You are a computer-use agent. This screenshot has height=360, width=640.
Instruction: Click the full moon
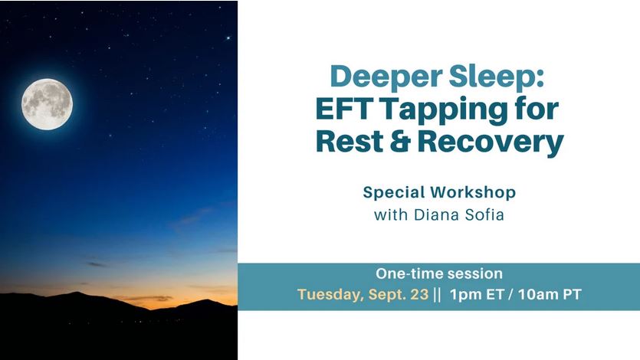pyautogui.click(x=47, y=104)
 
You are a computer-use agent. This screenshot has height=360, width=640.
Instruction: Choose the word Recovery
pyautogui.click(x=491, y=143)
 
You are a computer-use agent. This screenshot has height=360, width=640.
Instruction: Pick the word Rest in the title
pyautogui.click(x=350, y=141)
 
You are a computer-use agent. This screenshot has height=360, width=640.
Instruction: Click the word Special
pyautogui.click(x=393, y=193)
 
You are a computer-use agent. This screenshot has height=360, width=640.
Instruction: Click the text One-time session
pyautogui.click(x=439, y=273)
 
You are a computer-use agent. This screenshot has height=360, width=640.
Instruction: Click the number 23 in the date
pyautogui.click(x=419, y=294)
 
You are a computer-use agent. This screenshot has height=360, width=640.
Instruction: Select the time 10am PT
pyautogui.click(x=550, y=294)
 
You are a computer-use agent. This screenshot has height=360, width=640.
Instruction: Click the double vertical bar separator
pyautogui.click(x=437, y=294)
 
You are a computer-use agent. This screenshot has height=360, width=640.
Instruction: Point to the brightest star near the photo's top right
pyautogui.click(x=228, y=38)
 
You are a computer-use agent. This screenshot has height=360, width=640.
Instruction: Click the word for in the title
pyautogui.click(x=534, y=109)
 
